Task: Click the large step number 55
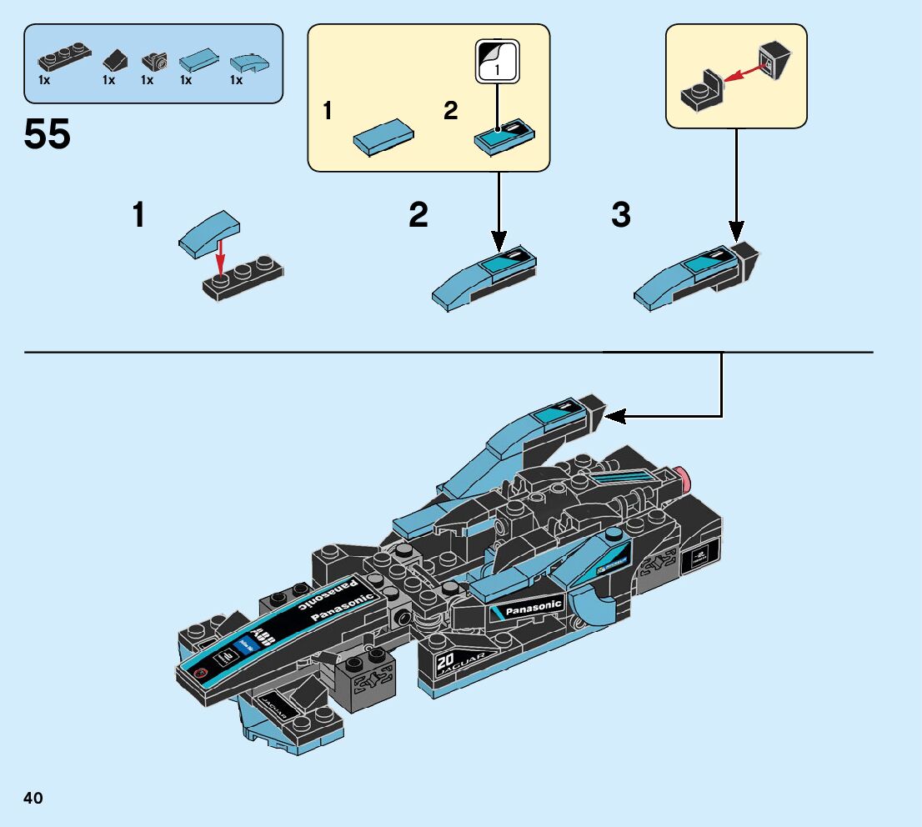(x=48, y=134)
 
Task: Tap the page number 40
(x=33, y=799)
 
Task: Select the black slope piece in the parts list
(x=114, y=61)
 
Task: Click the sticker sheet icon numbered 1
(x=497, y=62)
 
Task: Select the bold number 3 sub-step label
(x=621, y=216)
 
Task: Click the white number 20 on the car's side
(x=444, y=664)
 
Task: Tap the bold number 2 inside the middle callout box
(x=451, y=112)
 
